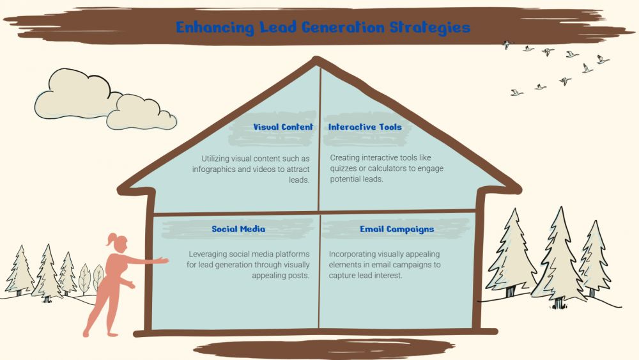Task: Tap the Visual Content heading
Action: click(282, 127)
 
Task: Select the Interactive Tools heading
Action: click(365, 127)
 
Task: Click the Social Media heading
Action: click(238, 229)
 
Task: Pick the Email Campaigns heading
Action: click(397, 229)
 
